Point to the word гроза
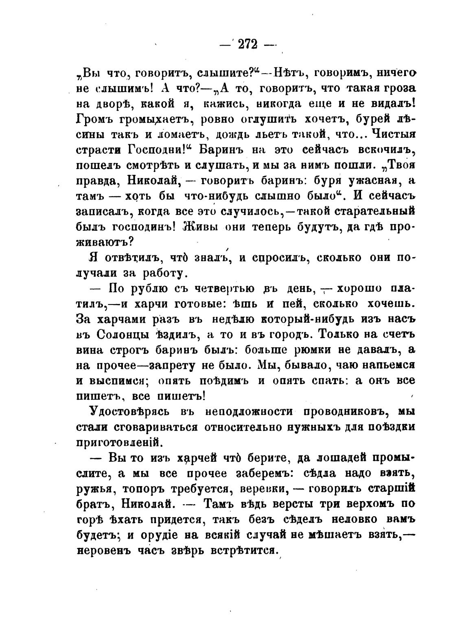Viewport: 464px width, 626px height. [394, 88]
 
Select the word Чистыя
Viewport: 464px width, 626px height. [390, 134]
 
